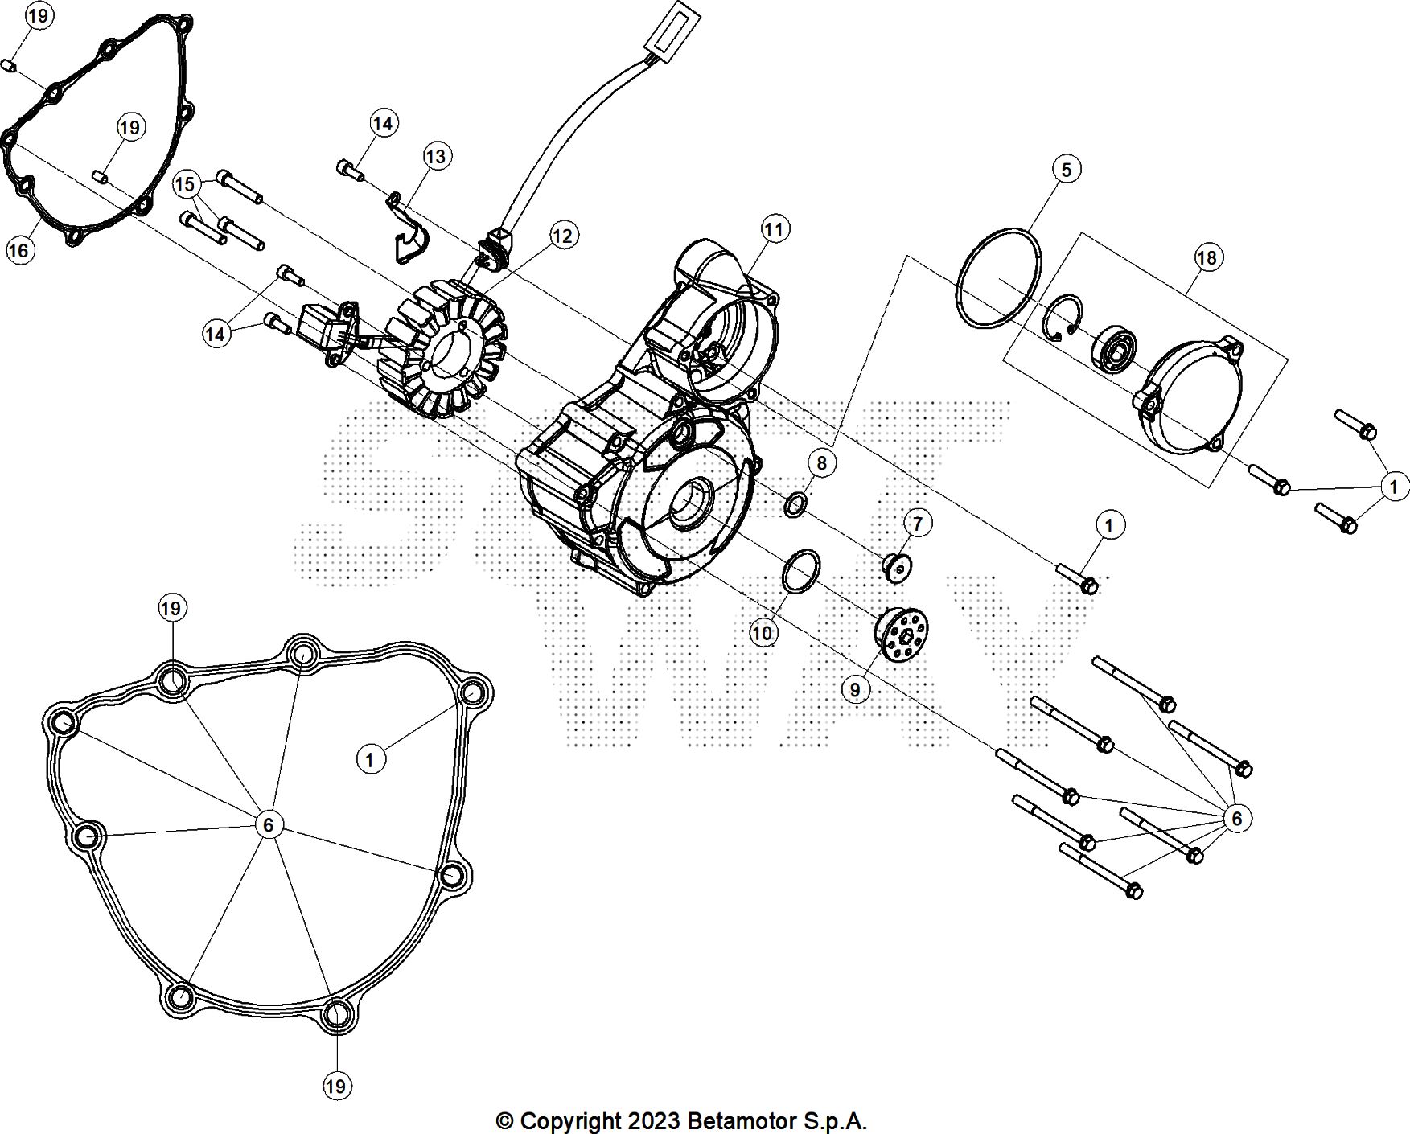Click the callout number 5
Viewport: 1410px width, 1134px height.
point(1066,170)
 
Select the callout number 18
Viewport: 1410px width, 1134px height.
point(1207,257)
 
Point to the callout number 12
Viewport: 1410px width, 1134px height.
point(562,236)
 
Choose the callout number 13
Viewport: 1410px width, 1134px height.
point(435,156)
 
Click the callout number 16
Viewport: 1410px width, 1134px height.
point(18,251)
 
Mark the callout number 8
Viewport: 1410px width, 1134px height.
point(821,463)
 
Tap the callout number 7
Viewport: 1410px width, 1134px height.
point(917,523)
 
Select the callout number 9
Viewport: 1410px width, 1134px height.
point(855,690)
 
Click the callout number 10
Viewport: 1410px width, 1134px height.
point(762,633)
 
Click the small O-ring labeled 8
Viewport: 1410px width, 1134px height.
point(795,506)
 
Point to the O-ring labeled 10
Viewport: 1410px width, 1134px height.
point(800,573)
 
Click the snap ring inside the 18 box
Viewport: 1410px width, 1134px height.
point(1063,316)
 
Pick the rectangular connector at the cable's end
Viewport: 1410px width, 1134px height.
point(673,30)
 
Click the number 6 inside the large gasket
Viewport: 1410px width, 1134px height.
point(269,824)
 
